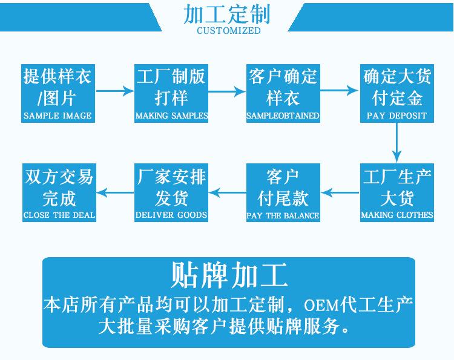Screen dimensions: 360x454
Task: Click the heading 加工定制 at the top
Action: pyautogui.click(x=228, y=15)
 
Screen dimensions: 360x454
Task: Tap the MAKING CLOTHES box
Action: pyautogui.click(x=397, y=192)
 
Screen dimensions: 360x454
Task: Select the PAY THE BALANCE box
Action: pyautogui.click(x=283, y=192)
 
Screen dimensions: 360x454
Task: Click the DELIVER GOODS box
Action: pyautogui.click(x=171, y=192)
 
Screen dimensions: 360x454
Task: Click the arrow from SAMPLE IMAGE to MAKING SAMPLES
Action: pyautogui.click(x=114, y=91)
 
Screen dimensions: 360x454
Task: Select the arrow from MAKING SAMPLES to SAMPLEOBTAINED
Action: pyautogui.click(x=228, y=91)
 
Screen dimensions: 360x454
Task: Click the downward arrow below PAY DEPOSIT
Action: pyautogui.click(x=397, y=143)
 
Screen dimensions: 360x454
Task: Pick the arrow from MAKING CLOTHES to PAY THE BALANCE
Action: pyautogui.click(x=340, y=193)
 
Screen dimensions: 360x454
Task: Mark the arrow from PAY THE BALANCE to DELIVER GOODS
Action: pyautogui.click(x=228, y=193)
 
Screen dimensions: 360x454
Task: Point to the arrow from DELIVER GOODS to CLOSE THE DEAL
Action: pyautogui.click(x=115, y=193)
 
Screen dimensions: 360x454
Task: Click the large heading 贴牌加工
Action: pyautogui.click(x=229, y=276)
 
